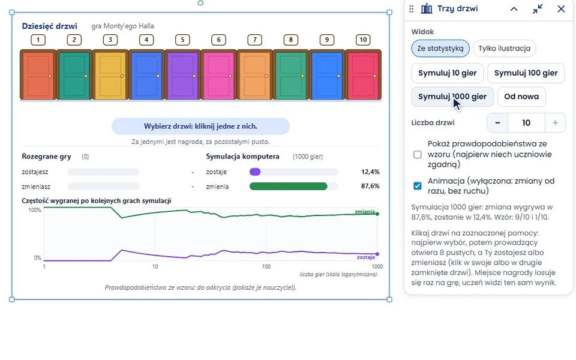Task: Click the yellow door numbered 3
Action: [110, 75]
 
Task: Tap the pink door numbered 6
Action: [218, 75]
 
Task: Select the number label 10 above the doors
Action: [363, 40]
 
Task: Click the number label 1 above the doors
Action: [38, 40]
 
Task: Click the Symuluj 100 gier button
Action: [526, 73]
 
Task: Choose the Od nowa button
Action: [521, 97]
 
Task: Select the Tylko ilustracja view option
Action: [504, 49]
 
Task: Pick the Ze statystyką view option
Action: [440, 49]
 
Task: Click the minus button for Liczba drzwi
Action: [497, 122]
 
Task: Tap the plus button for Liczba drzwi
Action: [555, 122]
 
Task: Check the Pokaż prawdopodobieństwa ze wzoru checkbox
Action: [418, 154]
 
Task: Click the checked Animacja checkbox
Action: [418, 186]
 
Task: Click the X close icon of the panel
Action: [561, 9]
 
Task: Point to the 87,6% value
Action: [370, 186]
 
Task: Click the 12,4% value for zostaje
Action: [370, 172]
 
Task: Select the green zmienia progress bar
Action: [289, 186]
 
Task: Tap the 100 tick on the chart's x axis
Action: [266, 266]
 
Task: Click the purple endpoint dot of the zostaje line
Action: [377, 254]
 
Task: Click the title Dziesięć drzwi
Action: [50, 26]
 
